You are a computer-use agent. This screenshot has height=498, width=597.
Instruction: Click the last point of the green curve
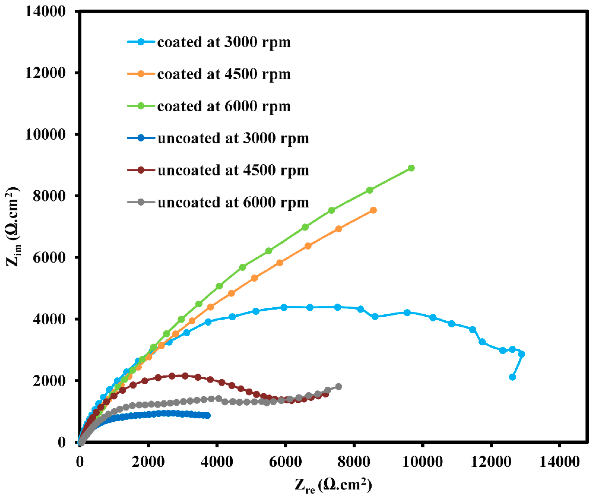point(411,168)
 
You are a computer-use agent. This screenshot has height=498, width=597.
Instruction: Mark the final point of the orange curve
point(373,210)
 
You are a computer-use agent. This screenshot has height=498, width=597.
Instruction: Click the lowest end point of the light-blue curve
point(512,377)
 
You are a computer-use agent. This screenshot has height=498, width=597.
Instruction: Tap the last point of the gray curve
point(339,386)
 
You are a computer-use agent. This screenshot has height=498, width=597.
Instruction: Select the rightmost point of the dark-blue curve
point(208,416)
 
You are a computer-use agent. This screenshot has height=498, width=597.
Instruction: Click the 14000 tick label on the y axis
point(45,11)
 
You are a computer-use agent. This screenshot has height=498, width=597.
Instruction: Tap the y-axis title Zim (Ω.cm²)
point(13,227)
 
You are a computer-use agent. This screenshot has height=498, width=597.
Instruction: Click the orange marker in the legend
point(141,74)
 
